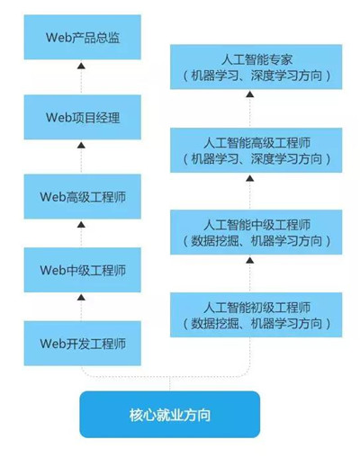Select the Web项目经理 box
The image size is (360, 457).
coord(81,117)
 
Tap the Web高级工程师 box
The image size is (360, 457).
coord(81,193)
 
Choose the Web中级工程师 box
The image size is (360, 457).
coord(81,269)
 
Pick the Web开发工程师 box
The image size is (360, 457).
coord(81,344)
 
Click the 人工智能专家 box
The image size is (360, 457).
coord(256,68)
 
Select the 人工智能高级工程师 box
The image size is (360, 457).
coord(256,150)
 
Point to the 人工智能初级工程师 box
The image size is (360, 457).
coord(256,313)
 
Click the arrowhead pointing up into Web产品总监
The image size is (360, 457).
coord(81,67)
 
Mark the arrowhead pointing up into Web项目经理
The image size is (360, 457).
coord(81,144)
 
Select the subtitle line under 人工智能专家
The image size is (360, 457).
coord(256,77)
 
